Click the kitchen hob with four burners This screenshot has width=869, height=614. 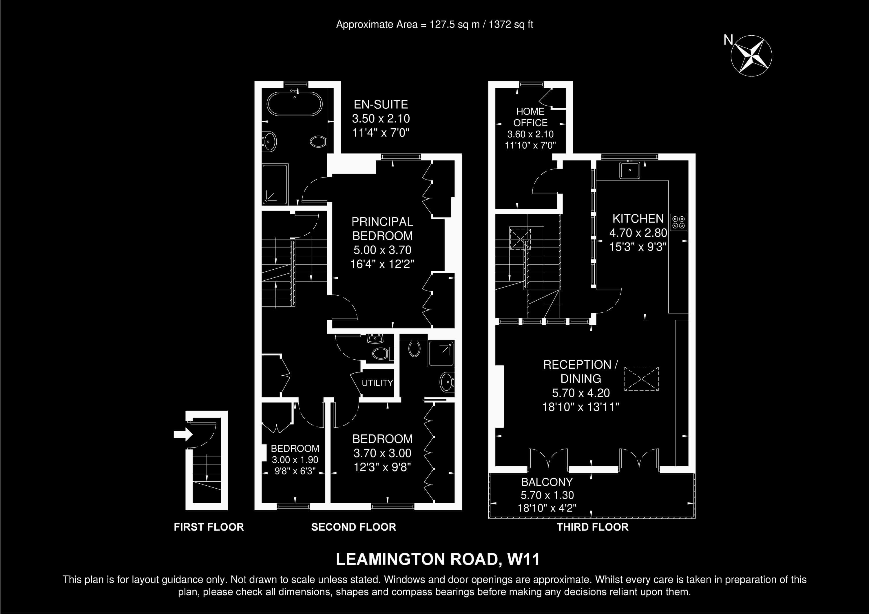pos(679,222)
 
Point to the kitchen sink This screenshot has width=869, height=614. pos(630,170)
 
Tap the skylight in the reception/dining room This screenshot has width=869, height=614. pos(642,379)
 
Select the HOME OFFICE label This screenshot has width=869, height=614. pos(530,117)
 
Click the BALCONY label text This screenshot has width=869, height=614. pos(547,482)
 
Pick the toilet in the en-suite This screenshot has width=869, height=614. pos(318,142)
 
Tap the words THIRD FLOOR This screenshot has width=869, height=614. pos(592,527)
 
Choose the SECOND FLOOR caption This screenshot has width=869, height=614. pos(353,527)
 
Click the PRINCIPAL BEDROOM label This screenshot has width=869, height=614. pos(382,229)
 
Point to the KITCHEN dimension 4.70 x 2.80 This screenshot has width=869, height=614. pos(638,233)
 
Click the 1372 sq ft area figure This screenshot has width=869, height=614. pos(511,25)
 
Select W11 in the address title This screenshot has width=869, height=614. pos(523,559)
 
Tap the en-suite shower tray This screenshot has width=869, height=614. pos(275,184)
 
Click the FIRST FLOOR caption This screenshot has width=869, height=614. pos(209,527)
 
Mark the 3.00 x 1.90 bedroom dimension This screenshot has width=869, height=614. pos(295,460)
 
